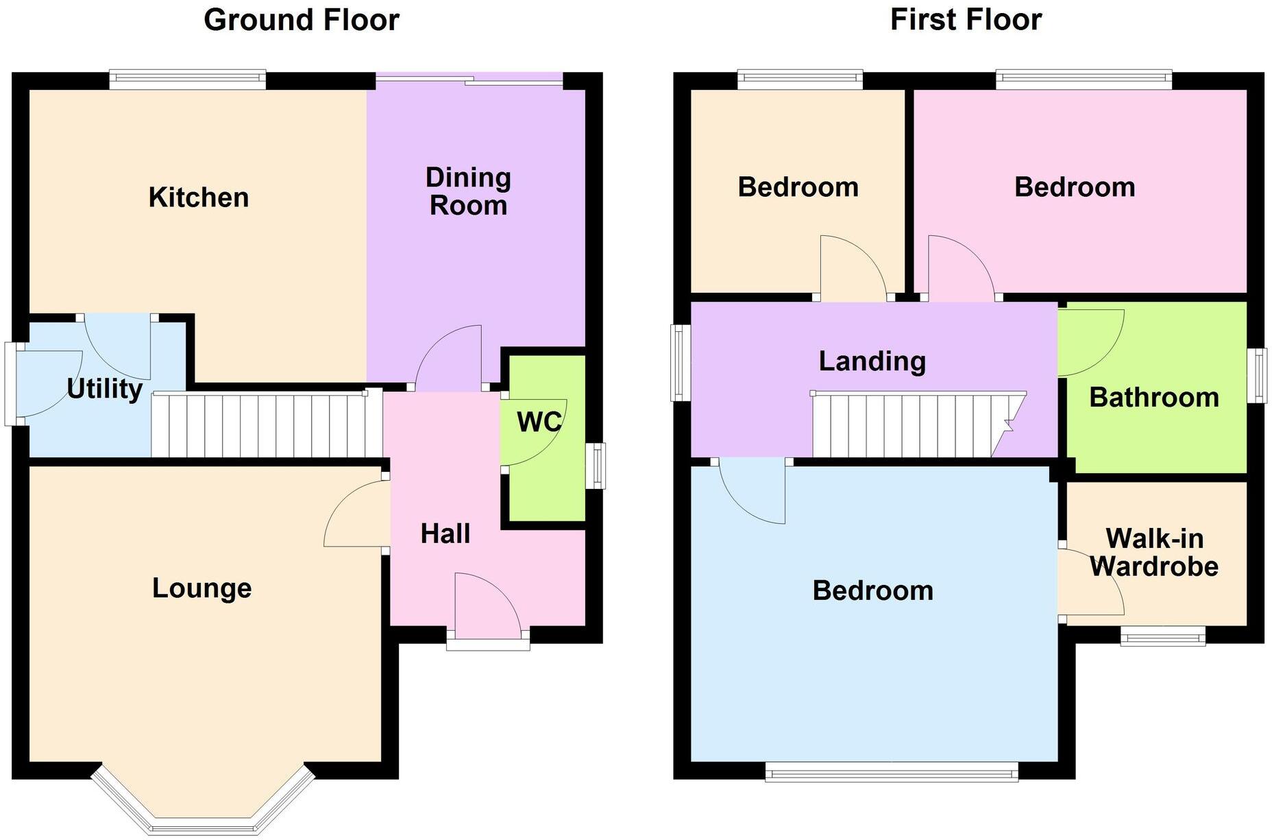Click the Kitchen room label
click(199, 197)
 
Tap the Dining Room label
click(468, 191)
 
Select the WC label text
click(539, 422)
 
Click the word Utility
click(105, 389)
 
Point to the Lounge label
click(201, 588)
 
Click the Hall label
click(445, 533)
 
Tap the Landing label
click(872, 361)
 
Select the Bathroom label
click(1154, 398)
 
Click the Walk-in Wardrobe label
click(1154, 553)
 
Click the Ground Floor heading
click(302, 19)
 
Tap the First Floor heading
click(966, 19)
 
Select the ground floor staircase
click(266, 425)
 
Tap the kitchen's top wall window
click(187, 80)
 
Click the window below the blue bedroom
click(891, 773)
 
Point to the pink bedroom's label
click(1074, 187)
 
